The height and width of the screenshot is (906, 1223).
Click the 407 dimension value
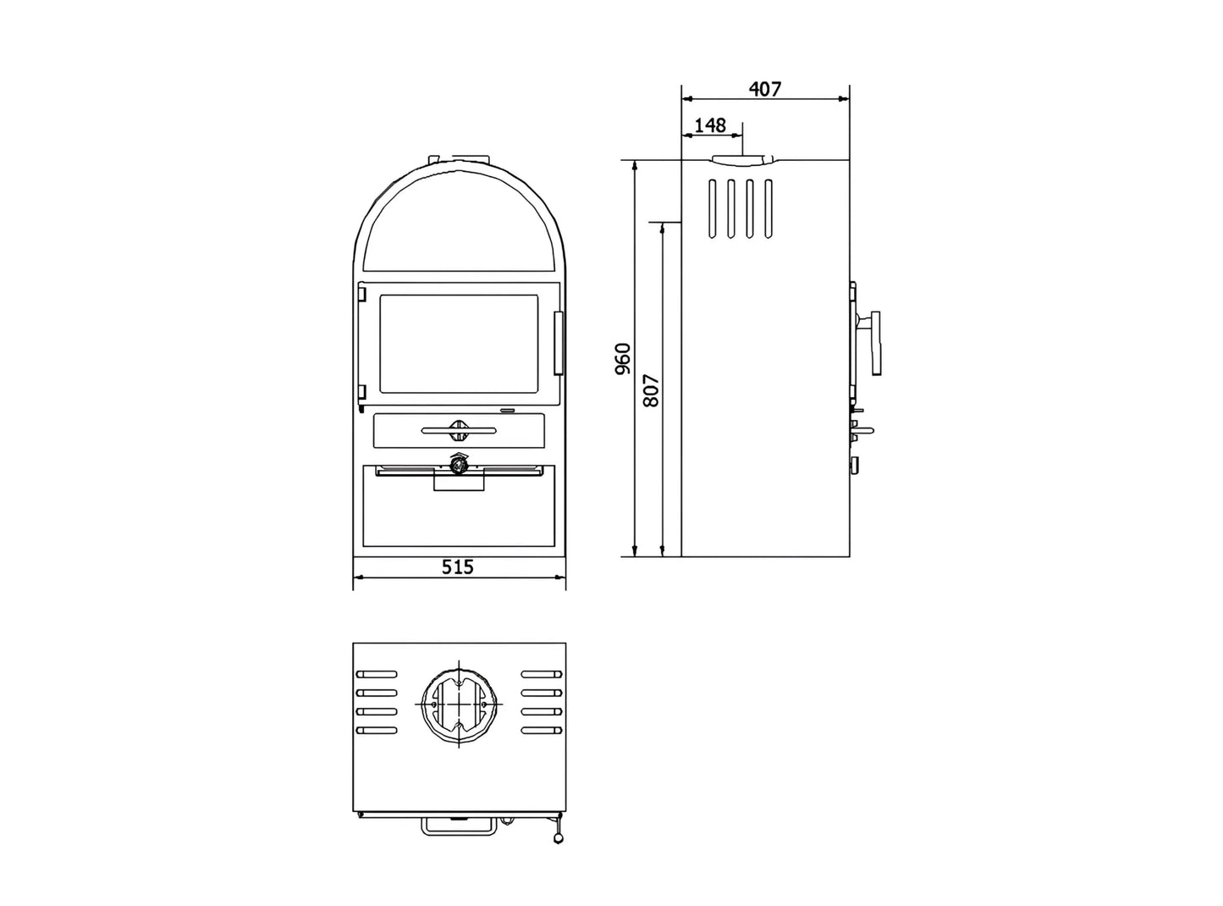765,89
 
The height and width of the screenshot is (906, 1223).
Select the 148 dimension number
709,125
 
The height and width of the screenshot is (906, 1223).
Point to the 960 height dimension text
623,359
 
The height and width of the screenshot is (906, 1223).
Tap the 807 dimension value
651,390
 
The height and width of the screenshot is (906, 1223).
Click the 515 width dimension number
458,566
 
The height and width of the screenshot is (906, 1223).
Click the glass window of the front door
458,344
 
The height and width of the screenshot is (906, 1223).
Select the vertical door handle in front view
559,343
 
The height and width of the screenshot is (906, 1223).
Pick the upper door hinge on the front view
361,292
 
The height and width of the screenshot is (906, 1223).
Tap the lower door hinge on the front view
361,393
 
